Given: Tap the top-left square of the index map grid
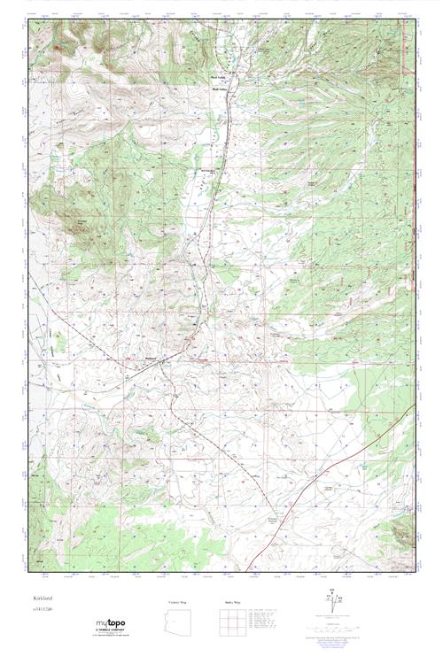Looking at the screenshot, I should tap(221, 613).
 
